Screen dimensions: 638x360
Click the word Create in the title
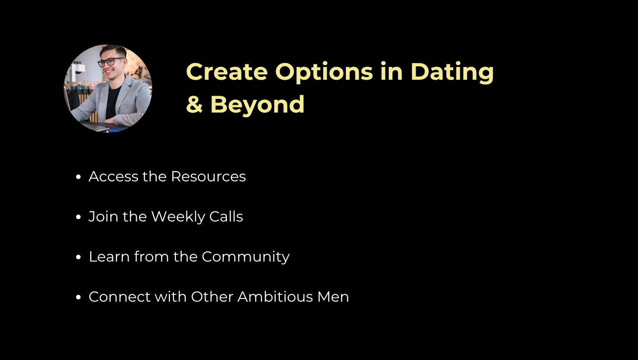tap(227, 72)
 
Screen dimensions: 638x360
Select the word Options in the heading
tap(324, 73)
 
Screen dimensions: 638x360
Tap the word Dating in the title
tap(452, 72)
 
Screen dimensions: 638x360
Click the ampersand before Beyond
tap(194, 104)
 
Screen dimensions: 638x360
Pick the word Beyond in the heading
tap(257, 105)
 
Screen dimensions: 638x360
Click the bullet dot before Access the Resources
tap(78, 177)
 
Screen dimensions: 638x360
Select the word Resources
tap(208, 177)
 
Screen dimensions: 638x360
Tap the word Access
tap(113, 177)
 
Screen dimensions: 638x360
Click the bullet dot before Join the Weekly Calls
tap(78, 217)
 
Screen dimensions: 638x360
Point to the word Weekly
tap(178, 217)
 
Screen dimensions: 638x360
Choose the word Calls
tap(226, 216)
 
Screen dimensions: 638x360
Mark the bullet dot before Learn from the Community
tap(78, 257)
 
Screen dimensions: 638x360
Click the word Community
tap(246, 257)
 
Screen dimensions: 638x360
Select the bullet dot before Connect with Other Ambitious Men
tap(78, 297)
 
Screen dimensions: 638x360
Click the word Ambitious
tap(275, 297)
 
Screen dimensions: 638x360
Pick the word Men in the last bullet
tap(333, 297)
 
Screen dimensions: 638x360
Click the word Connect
tap(119, 297)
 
